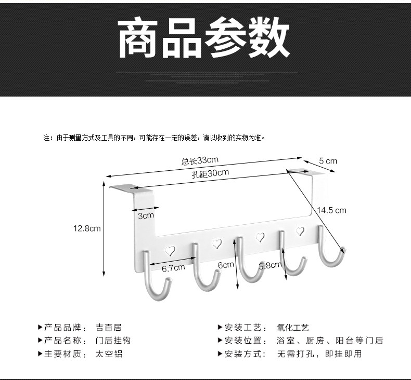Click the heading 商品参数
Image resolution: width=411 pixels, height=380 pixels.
pyautogui.click(x=204, y=39)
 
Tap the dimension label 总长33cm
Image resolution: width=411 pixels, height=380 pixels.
pyautogui.click(x=199, y=160)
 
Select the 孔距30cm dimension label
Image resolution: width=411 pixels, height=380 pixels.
pyautogui.click(x=210, y=174)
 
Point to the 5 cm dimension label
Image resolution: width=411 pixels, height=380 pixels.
pyautogui.click(x=328, y=161)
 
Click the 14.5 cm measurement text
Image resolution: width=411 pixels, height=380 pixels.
pyautogui.click(x=331, y=210)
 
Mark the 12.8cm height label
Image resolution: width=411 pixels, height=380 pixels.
pyautogui.click(x=87, y=228)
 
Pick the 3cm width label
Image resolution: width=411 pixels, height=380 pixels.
pyautogui.click(x=146, y=215)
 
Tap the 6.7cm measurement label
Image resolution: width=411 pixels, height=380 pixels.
pyautogui.click(x=173, y=268)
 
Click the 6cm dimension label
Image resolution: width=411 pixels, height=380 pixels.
pyautogui.click(x=226, y=265)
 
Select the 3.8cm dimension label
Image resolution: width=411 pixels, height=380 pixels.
pyautogui.click(x=270, y=266)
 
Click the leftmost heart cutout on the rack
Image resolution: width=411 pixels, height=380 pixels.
pyautogui.click(x=170, y=250)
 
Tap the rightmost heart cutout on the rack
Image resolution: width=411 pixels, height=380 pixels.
pyautogui.click(x=300, y=232)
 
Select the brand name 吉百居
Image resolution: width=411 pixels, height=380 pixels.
pyautogui.click(x=108, y=328)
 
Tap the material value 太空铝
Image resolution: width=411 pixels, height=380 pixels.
pyautogui.click(x=108, y=354)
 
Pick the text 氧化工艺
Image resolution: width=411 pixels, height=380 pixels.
pyautogui.click(x=293, y=328)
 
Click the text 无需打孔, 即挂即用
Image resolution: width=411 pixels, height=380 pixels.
pyautogui.click(x=319, y=354)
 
